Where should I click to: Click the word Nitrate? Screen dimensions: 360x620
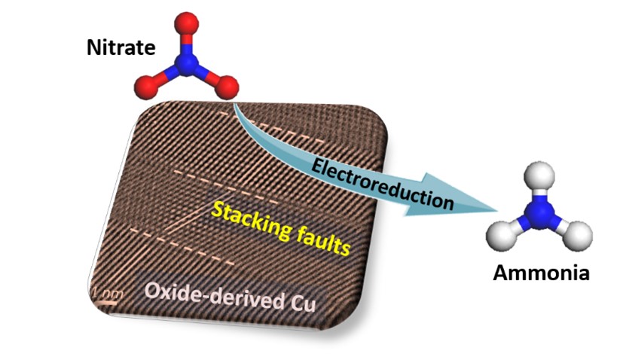coord(121,50)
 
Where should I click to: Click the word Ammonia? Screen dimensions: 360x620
coord(541,272)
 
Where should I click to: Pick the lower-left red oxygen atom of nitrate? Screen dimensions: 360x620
coord(148,87)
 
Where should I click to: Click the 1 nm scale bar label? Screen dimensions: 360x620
coord(104,290)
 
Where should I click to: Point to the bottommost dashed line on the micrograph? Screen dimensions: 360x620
coord(181,254)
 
